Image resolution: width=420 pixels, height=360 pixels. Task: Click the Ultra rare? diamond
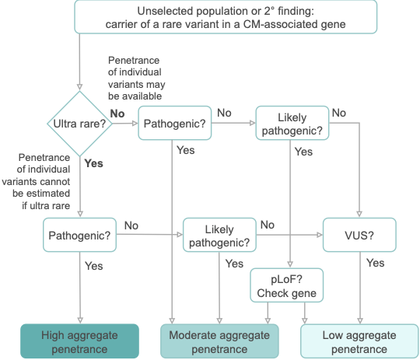(79, 124)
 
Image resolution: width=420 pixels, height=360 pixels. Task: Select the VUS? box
(359, 235)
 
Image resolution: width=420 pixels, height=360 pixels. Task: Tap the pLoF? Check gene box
(286, 285)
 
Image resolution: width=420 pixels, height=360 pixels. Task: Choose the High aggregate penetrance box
(79, 341)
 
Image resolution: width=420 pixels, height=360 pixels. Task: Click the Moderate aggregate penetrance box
(219, 341)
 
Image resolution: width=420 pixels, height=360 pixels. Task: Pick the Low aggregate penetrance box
(359, 341)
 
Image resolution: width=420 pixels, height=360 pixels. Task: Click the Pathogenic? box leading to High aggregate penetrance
(79, 235)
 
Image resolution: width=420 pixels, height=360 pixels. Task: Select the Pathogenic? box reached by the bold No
(175, 123)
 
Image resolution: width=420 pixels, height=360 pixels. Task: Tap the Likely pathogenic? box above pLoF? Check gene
(292, 123)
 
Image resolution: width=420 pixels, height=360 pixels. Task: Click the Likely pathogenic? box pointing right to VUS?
(219, 235)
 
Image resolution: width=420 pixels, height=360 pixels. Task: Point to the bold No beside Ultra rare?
(117, 114)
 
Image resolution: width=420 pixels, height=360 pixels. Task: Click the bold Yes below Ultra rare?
(94, 163)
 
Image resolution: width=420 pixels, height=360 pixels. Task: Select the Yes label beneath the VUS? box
(375, 263)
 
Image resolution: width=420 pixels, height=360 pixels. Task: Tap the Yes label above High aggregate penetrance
(94, 266)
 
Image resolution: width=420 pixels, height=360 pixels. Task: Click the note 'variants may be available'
(137, 79)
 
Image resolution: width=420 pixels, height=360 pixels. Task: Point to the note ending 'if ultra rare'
(36, 181)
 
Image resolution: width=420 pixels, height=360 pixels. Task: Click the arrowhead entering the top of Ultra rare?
(79, 87)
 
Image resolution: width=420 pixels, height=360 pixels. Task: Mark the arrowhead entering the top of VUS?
(359, 214)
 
